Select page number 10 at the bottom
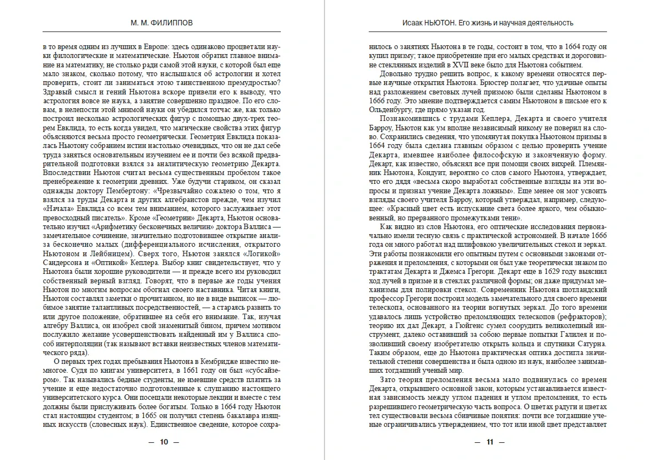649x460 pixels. point(163,442)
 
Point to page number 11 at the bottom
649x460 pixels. point(489,442)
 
